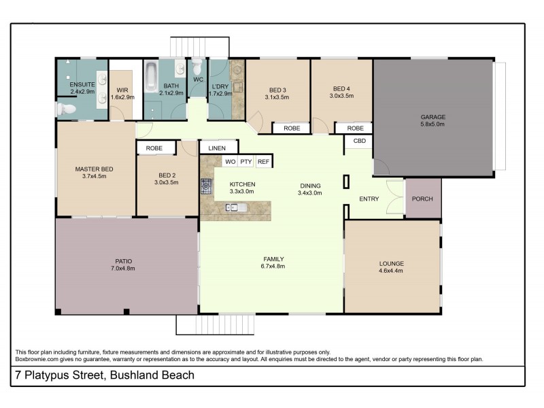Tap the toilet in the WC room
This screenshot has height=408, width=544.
tap(198, 68)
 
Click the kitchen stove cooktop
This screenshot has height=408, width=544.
tap(206, 185)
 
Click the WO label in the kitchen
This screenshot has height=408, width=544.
tap(230, 162)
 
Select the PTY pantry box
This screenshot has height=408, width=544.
tap(246, 162)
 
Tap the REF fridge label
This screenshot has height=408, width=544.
tap(263, 162)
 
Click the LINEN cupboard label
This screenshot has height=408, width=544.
tap(218, 147)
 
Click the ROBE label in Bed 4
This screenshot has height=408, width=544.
tap(354, 128)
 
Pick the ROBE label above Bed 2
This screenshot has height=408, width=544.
tap(154, 147)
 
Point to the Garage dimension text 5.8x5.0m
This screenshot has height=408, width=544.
tap(432, 124)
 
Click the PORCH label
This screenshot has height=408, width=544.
tap(422, 199)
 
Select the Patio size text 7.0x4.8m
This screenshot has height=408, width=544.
tap(124, 269)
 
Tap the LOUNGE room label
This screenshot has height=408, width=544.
tap(392, 264)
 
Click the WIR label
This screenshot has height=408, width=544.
tap(122, 89)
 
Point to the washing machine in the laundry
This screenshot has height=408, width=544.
tap(237, 86)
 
